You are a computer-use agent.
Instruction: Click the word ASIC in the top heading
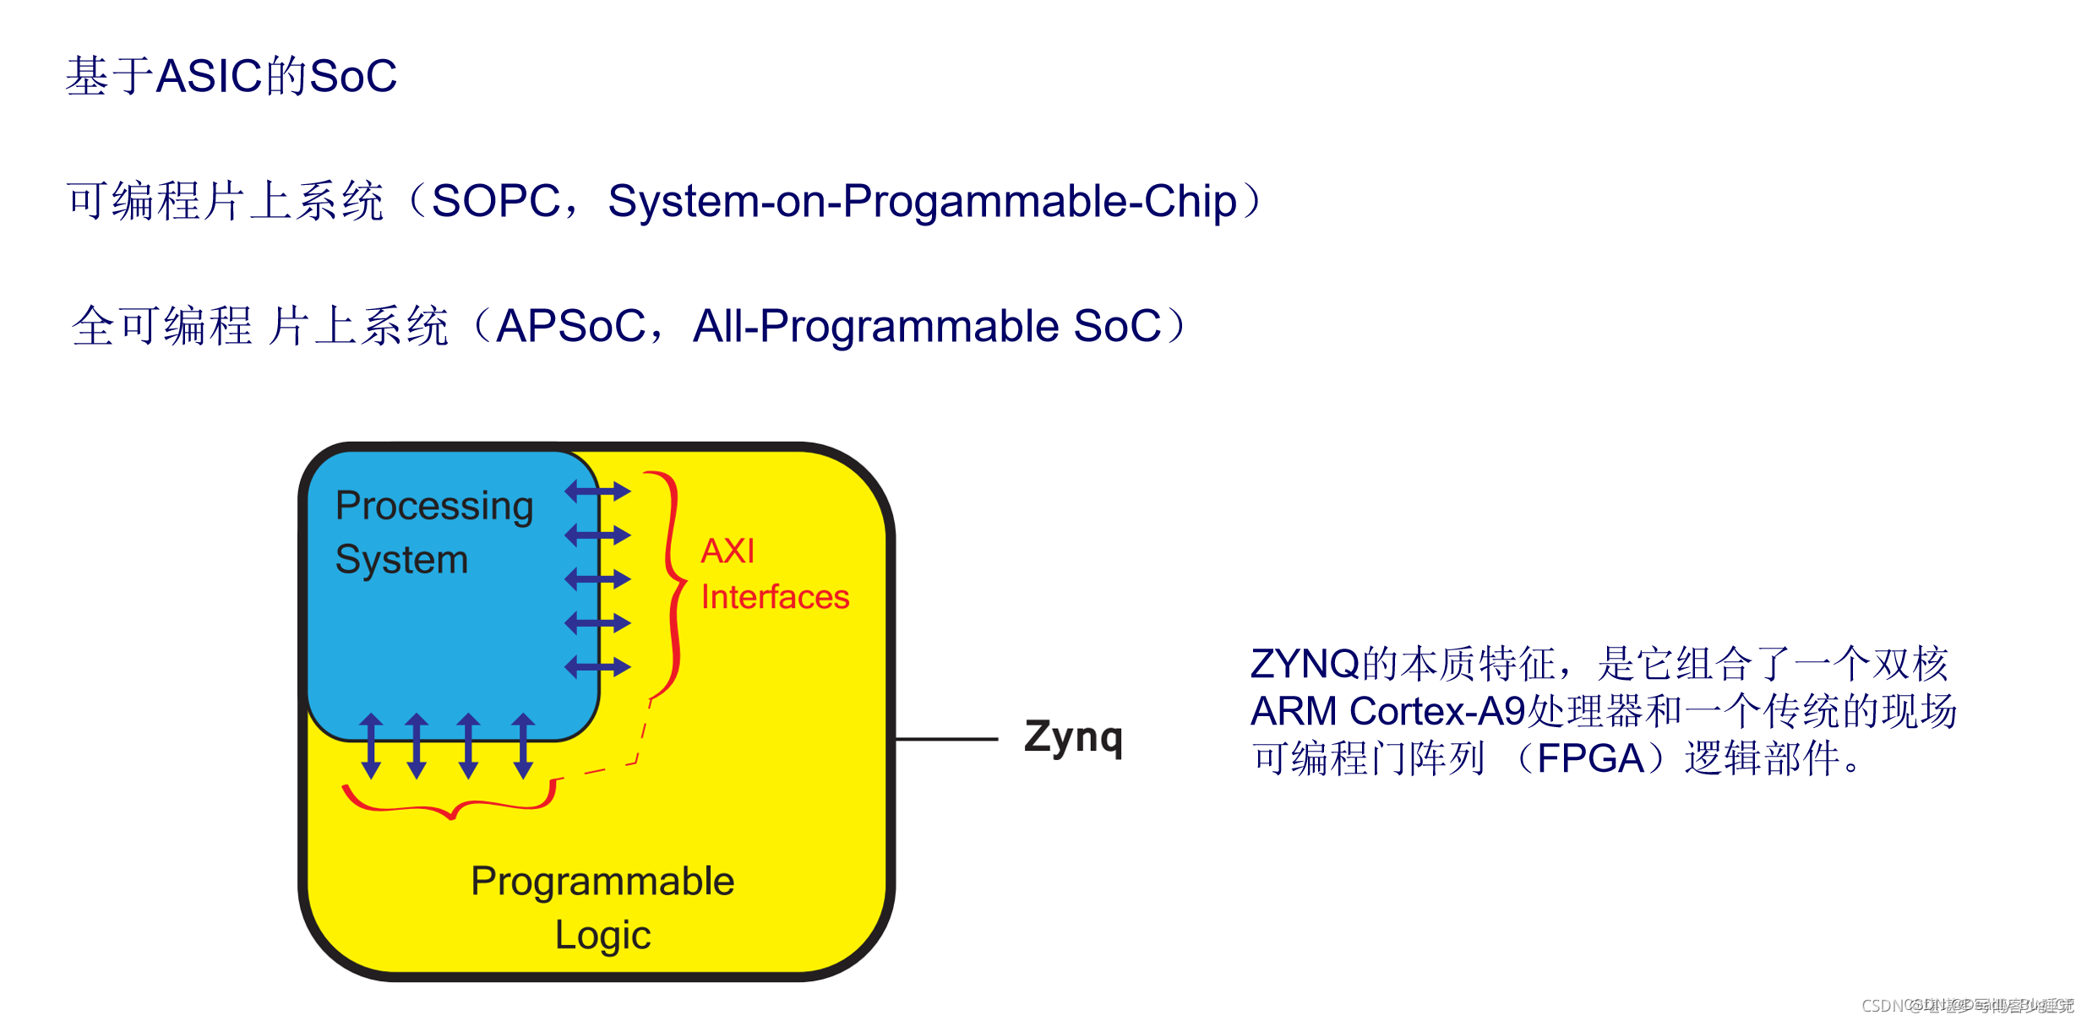tap(210, 76)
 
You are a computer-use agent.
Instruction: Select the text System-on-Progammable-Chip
tap(922, 202)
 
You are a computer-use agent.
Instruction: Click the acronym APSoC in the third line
tap(571, 326)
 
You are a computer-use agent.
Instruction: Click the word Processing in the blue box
tap(434, 506)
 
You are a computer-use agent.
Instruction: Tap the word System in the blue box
tap(401, 559)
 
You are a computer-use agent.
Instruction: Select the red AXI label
tap(727, 551)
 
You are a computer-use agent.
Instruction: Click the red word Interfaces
tap(775, 597)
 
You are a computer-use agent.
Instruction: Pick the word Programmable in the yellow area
tap(602, 881)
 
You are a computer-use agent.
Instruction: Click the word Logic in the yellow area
tap(602, 935)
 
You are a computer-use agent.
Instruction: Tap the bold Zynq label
tap(1073, 737)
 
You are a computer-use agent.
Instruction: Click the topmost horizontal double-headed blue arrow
tap(597, 491)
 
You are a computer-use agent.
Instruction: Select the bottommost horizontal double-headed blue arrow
tap(597, 666)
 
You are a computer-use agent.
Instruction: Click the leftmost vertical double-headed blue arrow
tap(372, 745)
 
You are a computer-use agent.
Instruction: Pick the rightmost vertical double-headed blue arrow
tap(523, 745)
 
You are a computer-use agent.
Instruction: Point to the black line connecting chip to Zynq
tap(946, 739)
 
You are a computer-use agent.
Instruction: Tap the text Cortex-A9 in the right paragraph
tap(1437, 711)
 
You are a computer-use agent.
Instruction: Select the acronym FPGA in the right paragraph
tap(1590, 758)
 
